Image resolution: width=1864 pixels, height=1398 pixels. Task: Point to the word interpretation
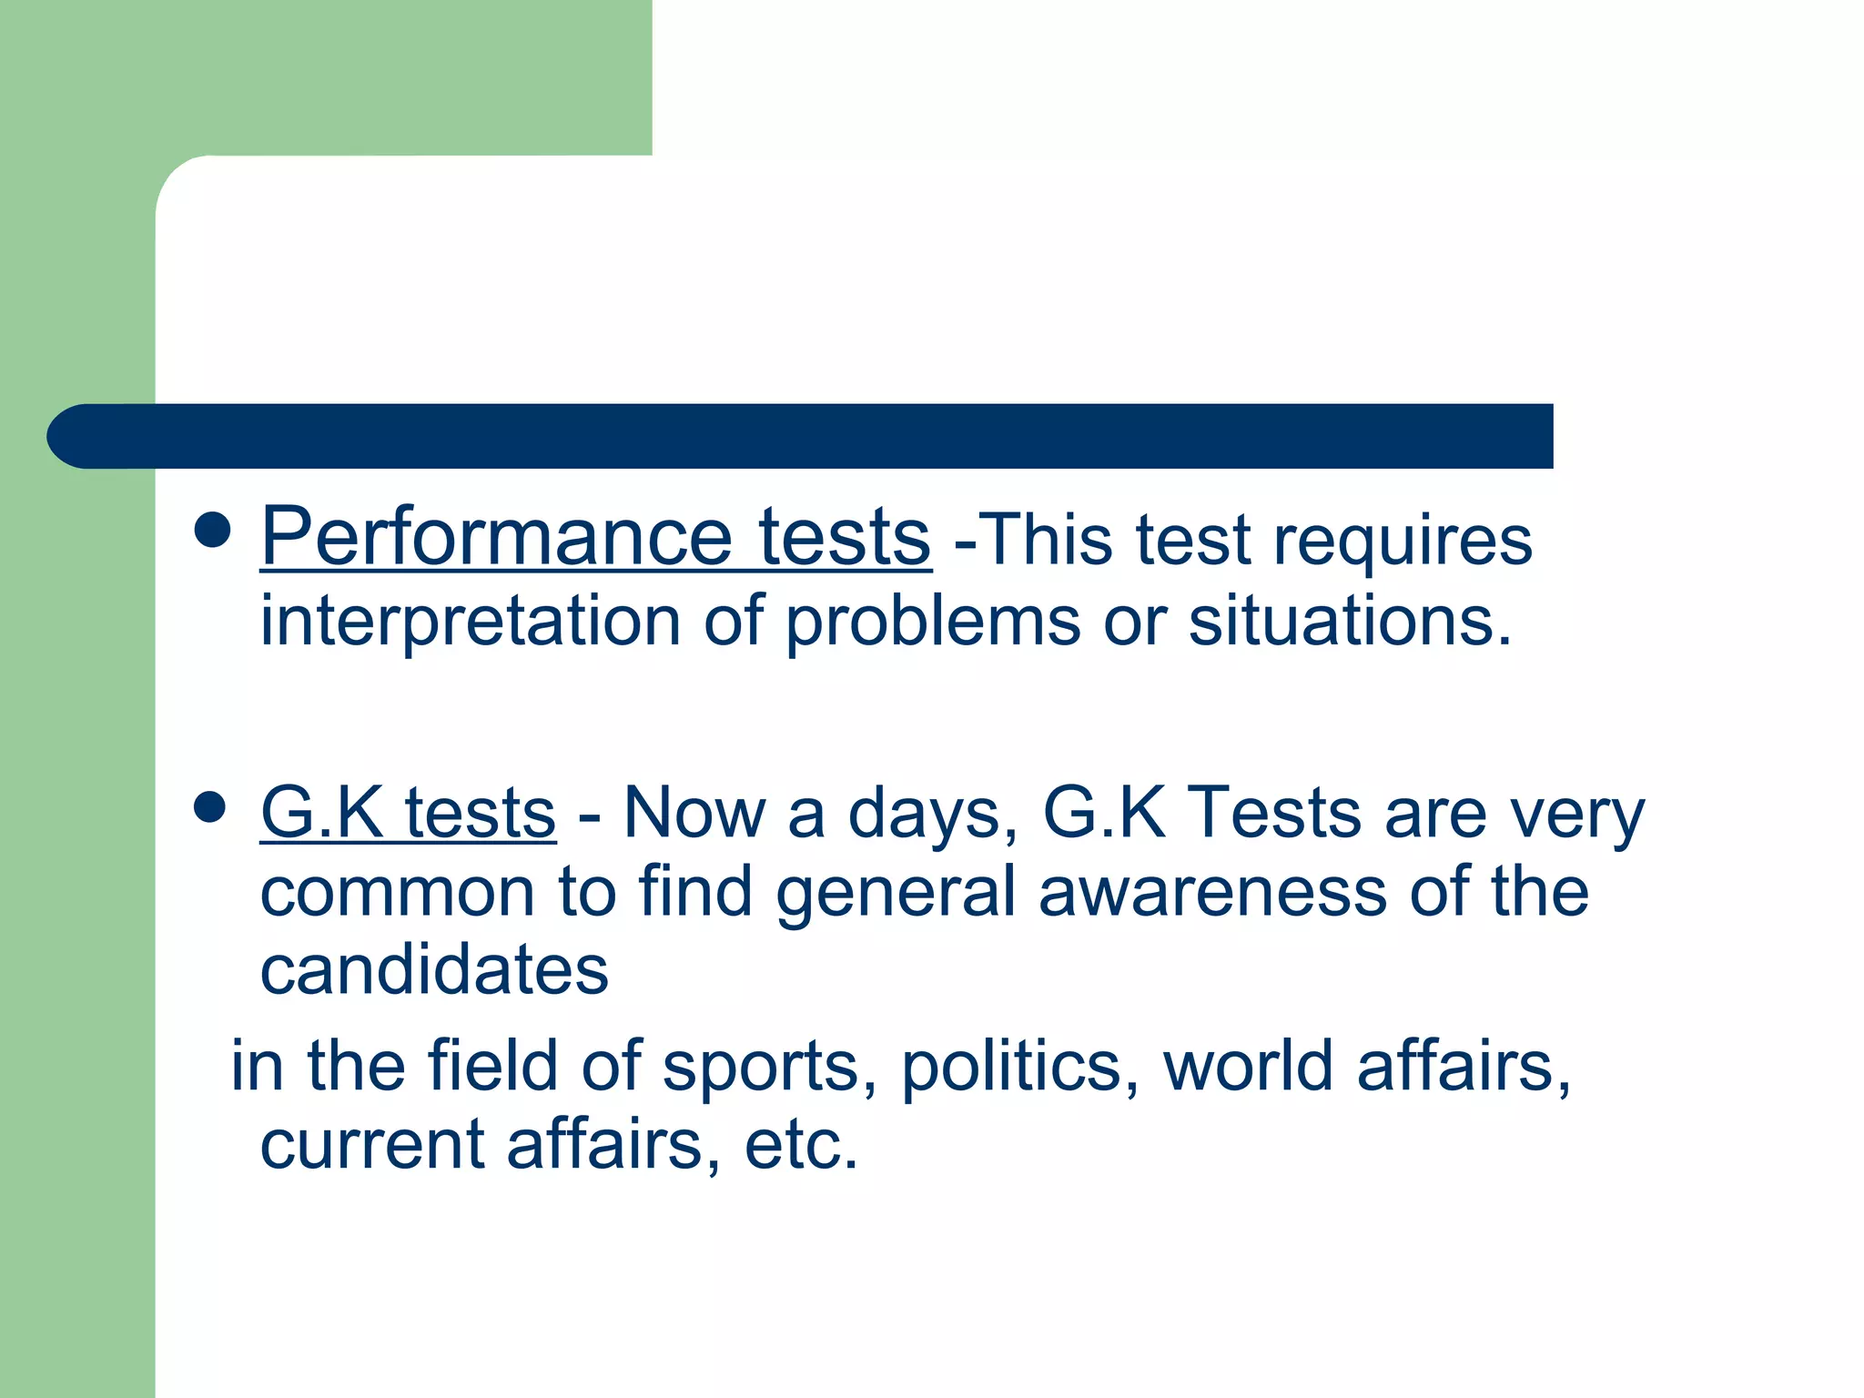[x=470, y=623]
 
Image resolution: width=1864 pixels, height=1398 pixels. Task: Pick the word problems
[x=933, y=623]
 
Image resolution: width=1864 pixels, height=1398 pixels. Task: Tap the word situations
[x=1350, y=621]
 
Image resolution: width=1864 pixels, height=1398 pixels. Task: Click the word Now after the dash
[x=694, y=812]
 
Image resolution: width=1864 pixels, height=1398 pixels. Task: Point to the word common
[x=397, y=892]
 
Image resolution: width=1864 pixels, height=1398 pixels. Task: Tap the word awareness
[x=1212, y=892]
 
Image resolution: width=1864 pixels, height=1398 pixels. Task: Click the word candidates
[x=434, y=970]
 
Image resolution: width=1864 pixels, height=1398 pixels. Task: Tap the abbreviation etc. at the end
[x=801, y=1145]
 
